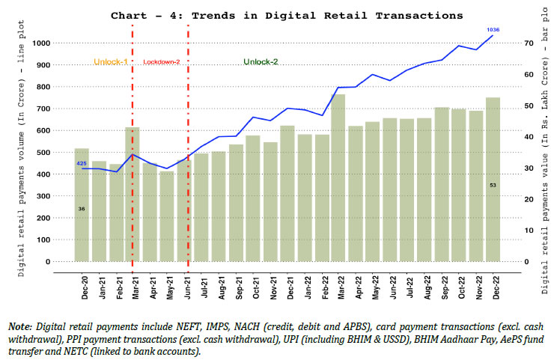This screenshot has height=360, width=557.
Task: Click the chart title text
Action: [x=287, y=15]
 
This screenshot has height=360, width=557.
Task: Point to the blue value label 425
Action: [x=82, y=162]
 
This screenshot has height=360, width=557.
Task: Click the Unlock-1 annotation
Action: [x=109, y=61]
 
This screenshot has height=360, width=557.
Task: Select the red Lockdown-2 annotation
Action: [x=161, y=61]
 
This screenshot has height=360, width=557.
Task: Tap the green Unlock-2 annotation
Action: [x=261, y=61]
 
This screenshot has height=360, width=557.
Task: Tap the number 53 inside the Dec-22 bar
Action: [x=493, y=185]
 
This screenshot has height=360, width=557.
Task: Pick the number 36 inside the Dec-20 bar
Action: [x=82, y=208]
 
